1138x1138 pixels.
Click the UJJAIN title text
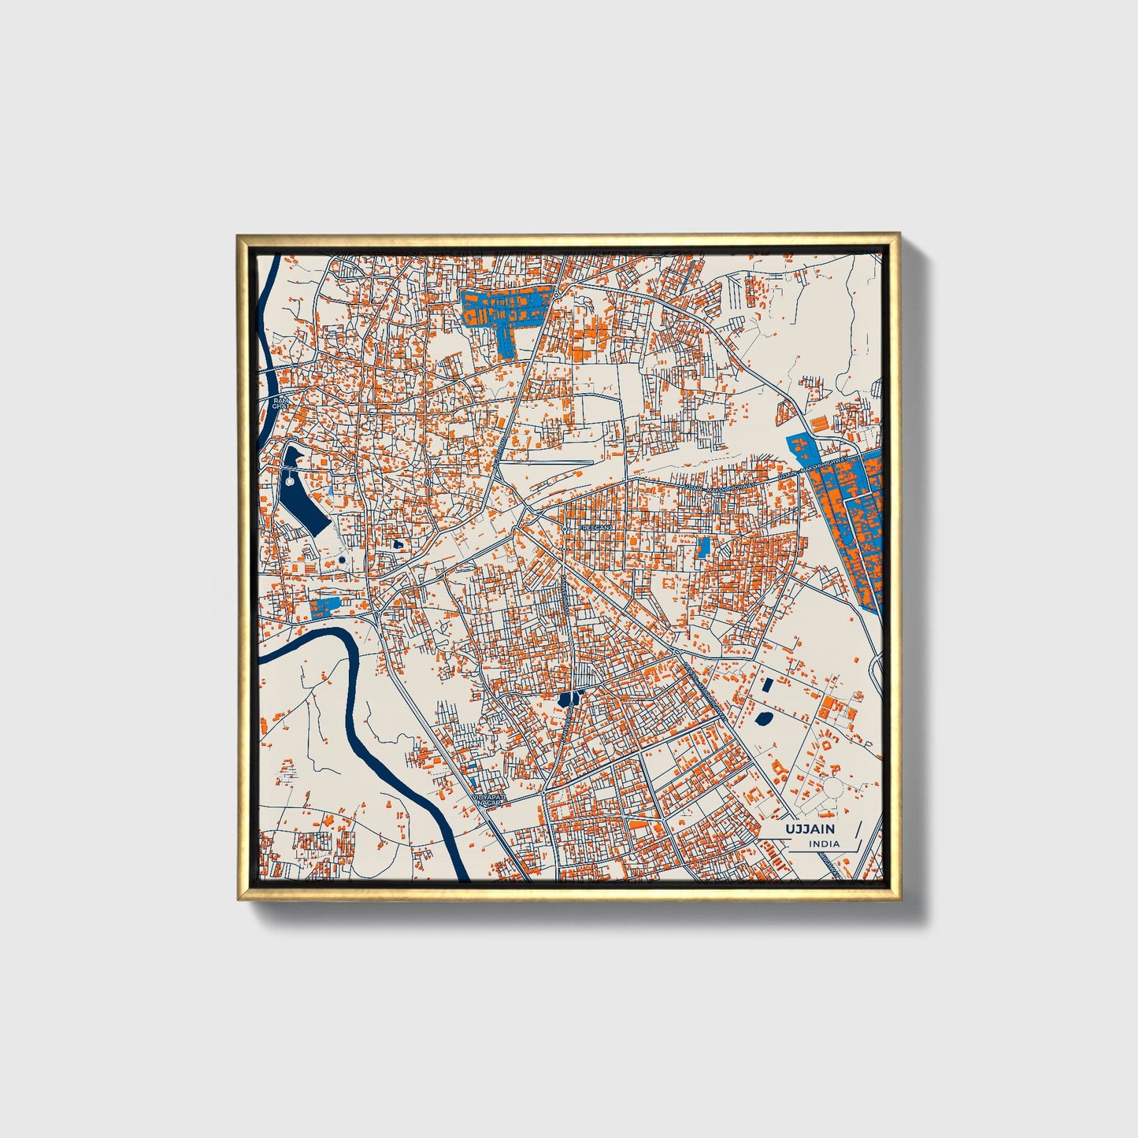point(810,828)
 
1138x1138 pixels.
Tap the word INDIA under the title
point(824,843)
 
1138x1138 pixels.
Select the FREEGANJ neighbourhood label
point(595,527)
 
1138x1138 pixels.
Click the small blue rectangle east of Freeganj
point(703,547)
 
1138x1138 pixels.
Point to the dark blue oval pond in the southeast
point(762,717)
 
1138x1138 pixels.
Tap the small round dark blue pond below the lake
point(342,560)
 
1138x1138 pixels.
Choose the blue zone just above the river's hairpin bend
point(324,606)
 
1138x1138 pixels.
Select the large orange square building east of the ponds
point(827,707)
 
